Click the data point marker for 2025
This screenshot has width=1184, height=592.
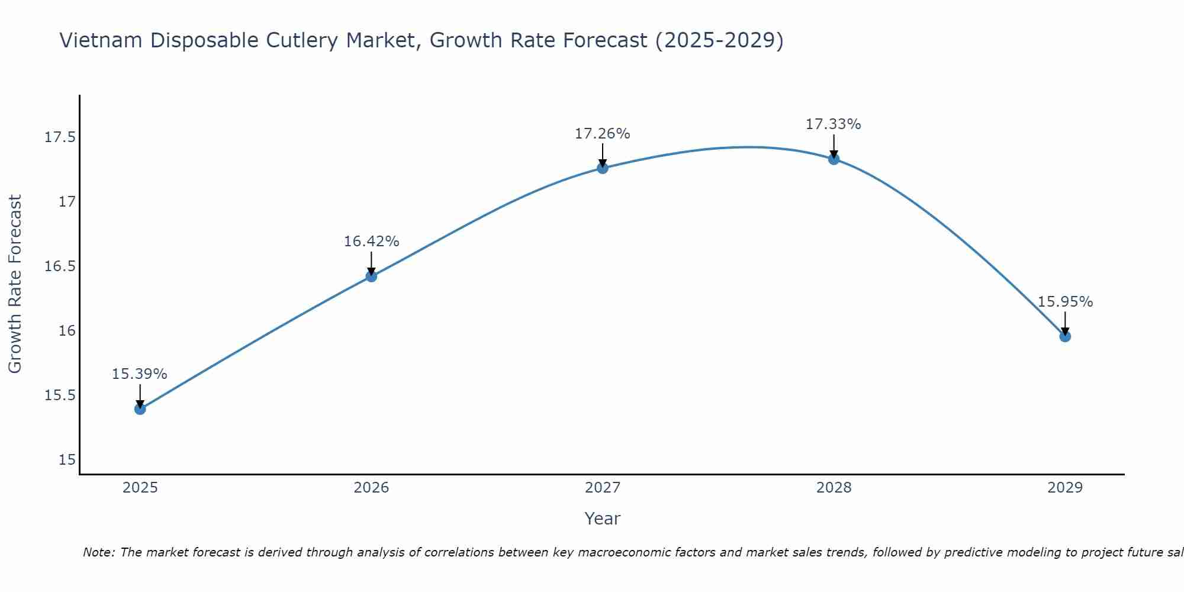[140, 409]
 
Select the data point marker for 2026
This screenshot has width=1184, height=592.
[371, 276]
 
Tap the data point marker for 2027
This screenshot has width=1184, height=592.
[603, 168]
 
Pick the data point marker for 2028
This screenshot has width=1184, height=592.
[834, 159]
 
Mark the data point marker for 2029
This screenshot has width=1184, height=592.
[1065, 336]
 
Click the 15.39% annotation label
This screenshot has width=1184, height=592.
[140, 374]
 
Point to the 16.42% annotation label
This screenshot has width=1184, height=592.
[371, 242]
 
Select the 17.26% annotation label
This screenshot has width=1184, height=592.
[603, 134]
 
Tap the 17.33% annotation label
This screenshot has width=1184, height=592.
[834, 124]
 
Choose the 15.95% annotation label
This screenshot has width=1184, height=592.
[1065, 302]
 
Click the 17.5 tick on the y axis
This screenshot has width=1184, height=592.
[60, 138]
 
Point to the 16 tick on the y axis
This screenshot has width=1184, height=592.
[67, 331]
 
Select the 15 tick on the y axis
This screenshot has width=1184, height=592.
[67, 460]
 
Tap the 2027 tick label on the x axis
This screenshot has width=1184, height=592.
[603, 488]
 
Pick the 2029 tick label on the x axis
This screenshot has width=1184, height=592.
[1065, 488]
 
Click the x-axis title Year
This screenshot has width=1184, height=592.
[603, 519]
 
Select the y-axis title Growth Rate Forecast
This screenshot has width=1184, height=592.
[15, 284]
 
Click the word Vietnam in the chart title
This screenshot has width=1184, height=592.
[101, 41]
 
